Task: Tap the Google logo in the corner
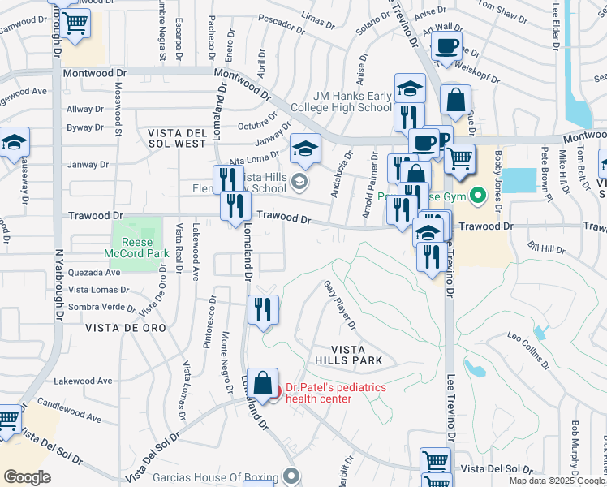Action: tap(27, 477)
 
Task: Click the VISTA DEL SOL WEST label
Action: tap(177, 137)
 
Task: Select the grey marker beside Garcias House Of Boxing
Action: tap(292, 476)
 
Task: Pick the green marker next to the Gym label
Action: tap(478, 194)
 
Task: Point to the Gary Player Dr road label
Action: tap(341, 305)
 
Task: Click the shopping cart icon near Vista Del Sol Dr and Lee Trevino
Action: tap(435, 462)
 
